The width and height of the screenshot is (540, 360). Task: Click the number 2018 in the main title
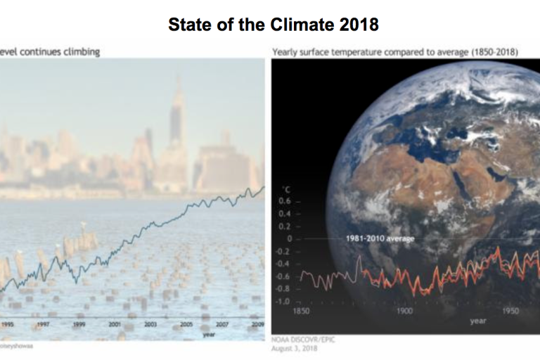359,25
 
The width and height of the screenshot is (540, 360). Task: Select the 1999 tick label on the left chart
79,325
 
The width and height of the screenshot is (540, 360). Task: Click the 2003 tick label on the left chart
150,325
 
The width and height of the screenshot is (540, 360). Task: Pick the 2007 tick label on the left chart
221,325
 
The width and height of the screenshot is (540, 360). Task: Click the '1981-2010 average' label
380,239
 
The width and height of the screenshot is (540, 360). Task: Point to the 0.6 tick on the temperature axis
284,201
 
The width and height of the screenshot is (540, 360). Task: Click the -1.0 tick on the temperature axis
283,302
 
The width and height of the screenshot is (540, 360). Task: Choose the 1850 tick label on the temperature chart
302,311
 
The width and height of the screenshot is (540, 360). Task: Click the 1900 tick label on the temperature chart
406,311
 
